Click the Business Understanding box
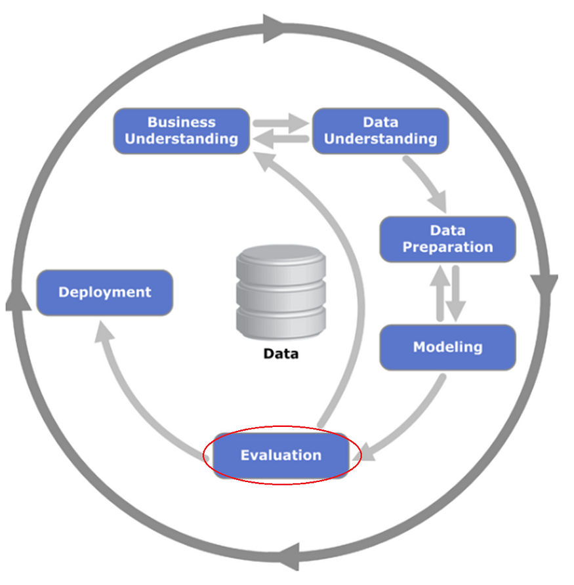tap(181, 131)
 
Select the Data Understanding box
tap(380, 131)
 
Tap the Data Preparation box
tap(448, 239)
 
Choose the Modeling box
tap(448, 347)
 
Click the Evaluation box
tap(281, 455)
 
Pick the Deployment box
tap(105, 292)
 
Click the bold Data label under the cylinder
tap(281, 353)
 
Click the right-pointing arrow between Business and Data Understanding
tap(281, 122)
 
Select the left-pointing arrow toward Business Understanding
tap(281, 138)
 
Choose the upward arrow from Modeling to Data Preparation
tap(439, 292)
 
